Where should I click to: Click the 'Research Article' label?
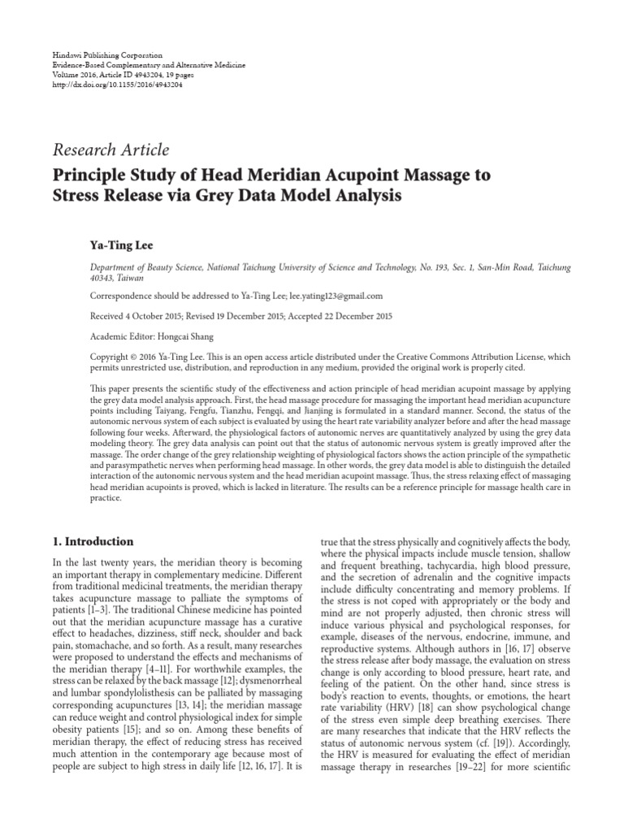pyautogui.click(x=111, y=149)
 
